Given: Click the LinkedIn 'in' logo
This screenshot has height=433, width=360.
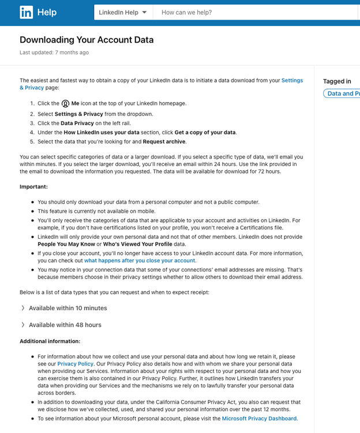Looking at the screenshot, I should point(26,12).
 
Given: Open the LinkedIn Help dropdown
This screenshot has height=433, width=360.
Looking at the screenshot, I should point(123,12).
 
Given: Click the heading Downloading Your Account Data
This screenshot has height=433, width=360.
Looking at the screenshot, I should point(87,40).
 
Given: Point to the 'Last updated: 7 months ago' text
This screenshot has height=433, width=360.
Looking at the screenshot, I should point(54,52).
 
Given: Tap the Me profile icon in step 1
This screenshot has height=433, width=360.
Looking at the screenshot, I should point(65,104).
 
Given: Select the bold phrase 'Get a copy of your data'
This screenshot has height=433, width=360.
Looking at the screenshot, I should point(205,133).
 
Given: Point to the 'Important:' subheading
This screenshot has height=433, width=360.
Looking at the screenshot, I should point(33,187).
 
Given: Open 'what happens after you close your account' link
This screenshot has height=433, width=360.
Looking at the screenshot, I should point(140,261).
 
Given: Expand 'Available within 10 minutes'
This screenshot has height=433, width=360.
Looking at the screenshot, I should point(67,308).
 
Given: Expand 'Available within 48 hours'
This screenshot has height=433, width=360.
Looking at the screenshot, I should point(65,325).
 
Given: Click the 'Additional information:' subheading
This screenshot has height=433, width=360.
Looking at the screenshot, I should point(50,341).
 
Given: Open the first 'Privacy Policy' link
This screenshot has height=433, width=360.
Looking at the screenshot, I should point(75,364).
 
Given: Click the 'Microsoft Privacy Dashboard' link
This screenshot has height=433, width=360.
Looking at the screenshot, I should point(259,419).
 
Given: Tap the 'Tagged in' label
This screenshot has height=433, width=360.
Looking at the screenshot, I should point(337,81).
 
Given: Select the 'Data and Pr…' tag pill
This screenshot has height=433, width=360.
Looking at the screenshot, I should point(342,93).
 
